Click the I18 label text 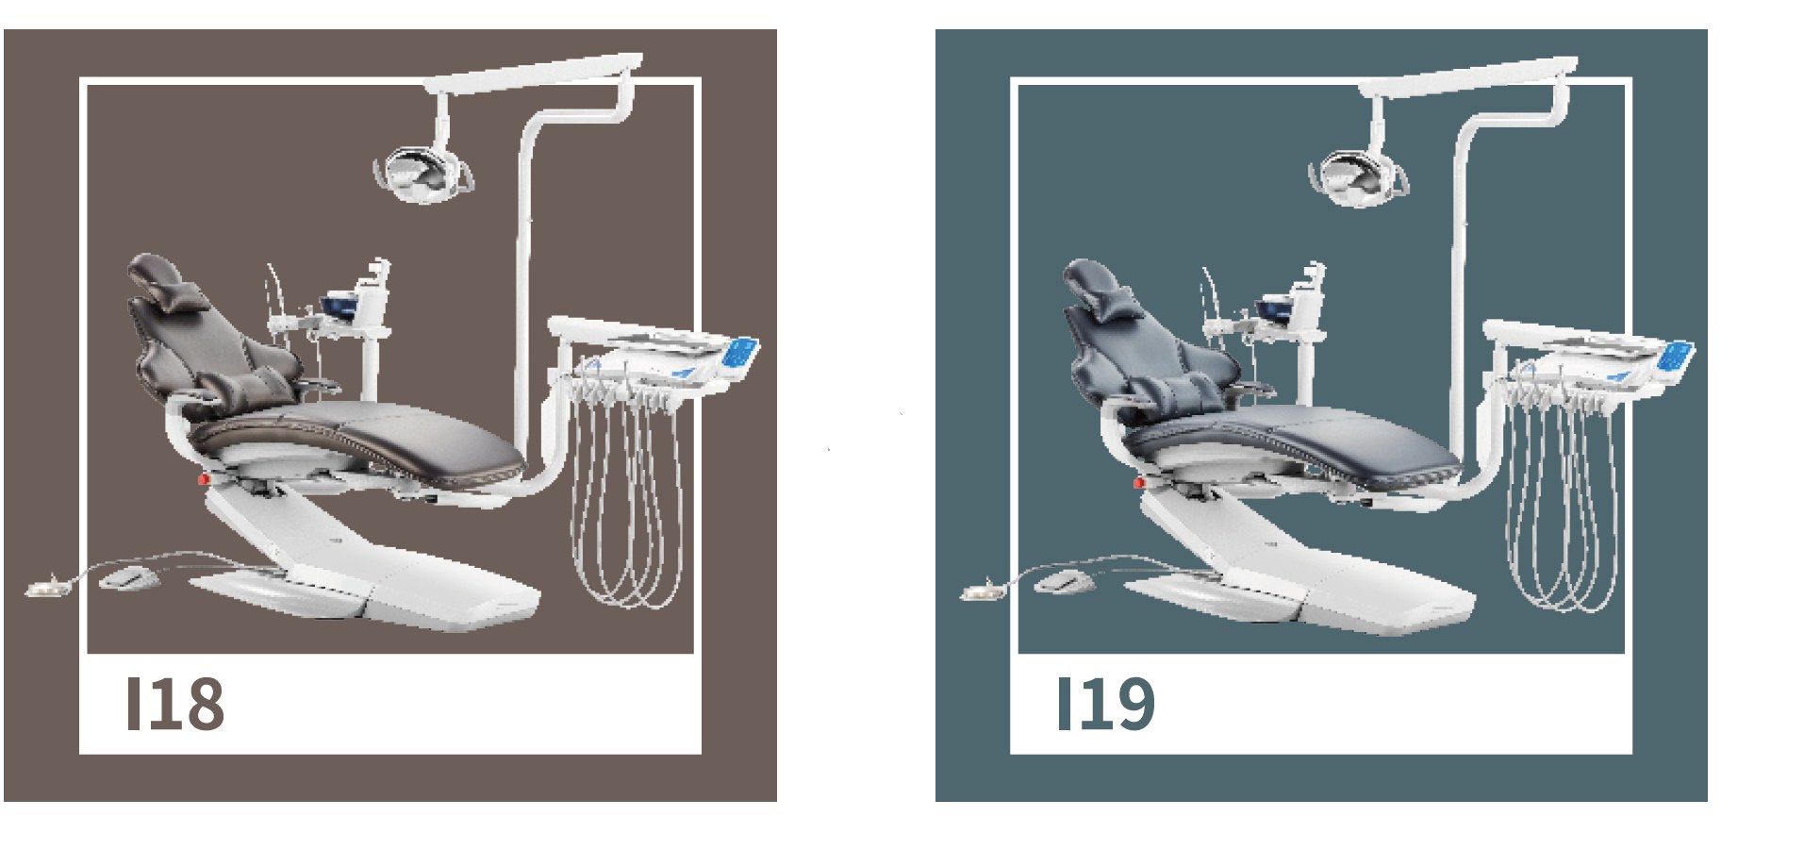coord(175,704)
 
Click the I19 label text coord(1106,704)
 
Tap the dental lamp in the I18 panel coord(422,171)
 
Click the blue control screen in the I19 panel coord(1676,357)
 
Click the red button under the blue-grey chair coord(1138,483)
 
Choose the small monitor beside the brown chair coord(338,307)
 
